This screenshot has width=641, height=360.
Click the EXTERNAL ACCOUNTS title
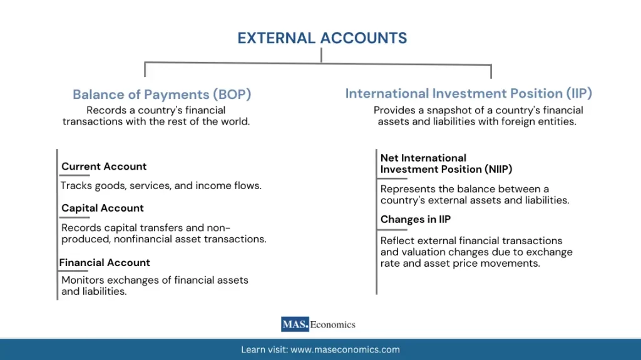point(322,38)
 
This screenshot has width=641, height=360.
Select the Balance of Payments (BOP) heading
point(162,95)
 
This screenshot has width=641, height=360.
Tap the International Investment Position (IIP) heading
point(468,93)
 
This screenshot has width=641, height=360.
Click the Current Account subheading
point(104,167)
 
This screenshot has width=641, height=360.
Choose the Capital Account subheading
point(103,208)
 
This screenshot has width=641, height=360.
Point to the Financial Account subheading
point(105,262)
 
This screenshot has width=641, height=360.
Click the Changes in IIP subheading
point(415,219)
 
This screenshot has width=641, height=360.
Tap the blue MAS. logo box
point(295,324)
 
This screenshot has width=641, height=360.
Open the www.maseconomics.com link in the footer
point(345,350)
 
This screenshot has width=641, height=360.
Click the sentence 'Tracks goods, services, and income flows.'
point(161,186)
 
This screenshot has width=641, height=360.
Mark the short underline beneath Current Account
point(75,175)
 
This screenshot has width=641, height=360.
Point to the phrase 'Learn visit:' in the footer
point(264,350)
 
